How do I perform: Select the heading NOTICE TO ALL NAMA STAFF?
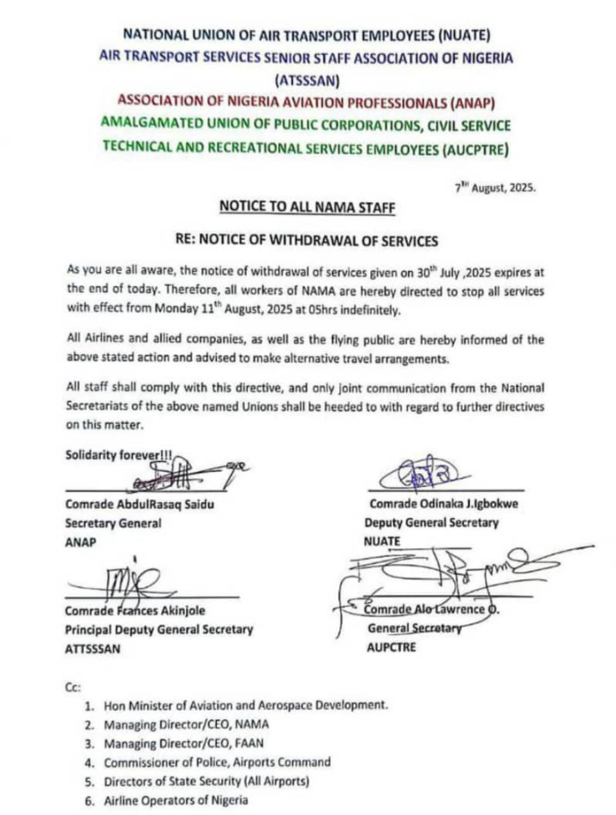click(x=308, y=207)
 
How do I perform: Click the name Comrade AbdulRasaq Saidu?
click(x=139, y=505)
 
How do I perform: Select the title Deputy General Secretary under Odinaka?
click(x=431, y=523)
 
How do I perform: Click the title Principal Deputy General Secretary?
click(x=158, y=630)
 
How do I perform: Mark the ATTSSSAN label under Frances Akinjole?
click(x=93, y=649)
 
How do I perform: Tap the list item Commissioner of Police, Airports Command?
click(x=217, y=762)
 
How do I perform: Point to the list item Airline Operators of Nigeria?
click(x=176, y=800)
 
